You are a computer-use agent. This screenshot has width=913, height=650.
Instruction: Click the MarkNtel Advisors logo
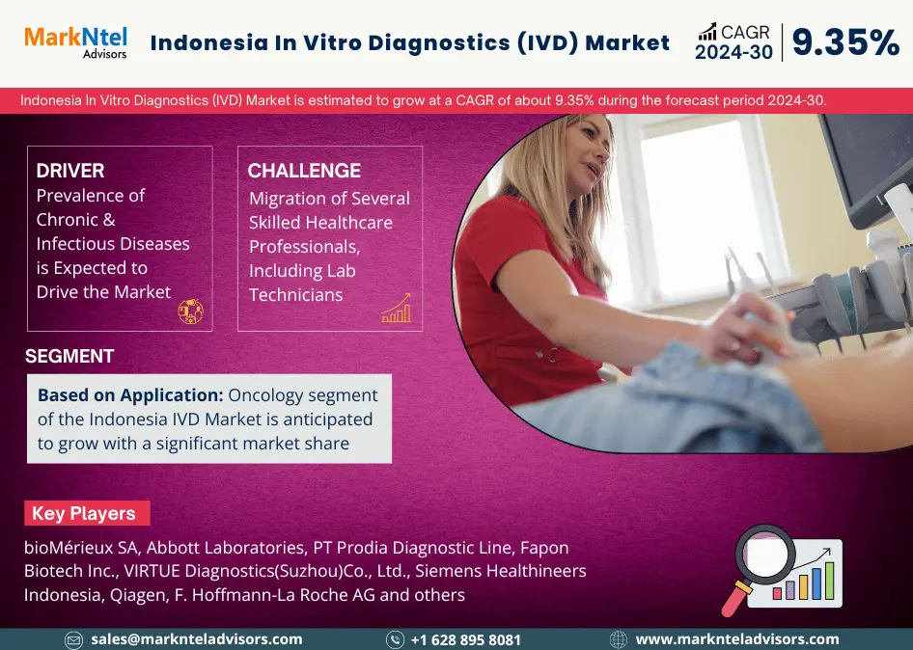[x=75, y=42]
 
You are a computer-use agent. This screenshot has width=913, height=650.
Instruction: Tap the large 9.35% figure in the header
[x=846, y=42]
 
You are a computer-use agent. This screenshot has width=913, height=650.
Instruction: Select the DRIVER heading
[x=70, y=171]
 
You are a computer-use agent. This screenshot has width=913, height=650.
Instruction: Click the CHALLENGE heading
[x=304, y=171]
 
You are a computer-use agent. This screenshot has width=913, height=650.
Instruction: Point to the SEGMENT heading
[x=69, y=356]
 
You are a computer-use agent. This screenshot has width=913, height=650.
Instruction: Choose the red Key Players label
[x=87, y=513]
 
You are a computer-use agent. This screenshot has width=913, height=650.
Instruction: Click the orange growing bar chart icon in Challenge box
[x=397, y=308]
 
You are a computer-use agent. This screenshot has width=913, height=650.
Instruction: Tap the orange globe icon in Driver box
[x=190, y=311]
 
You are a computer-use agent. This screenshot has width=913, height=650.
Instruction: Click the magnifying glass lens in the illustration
[x=764, y=555]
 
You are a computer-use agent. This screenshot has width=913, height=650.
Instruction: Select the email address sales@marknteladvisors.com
[x=196, y=639]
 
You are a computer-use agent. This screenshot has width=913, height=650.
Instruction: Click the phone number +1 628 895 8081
[x=466, y=640]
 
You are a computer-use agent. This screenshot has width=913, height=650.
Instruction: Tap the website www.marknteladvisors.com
[x=737, y=639]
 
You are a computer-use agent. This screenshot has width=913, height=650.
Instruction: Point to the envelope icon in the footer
[x=74, y=640]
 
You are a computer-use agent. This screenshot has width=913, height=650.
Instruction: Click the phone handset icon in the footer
[x=395, y=640]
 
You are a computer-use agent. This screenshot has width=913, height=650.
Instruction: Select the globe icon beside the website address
[x=618, y=640]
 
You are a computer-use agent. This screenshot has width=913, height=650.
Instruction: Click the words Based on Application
[x=130, y=395]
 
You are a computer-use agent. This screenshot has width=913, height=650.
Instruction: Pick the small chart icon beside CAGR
[x=707, y=32]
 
